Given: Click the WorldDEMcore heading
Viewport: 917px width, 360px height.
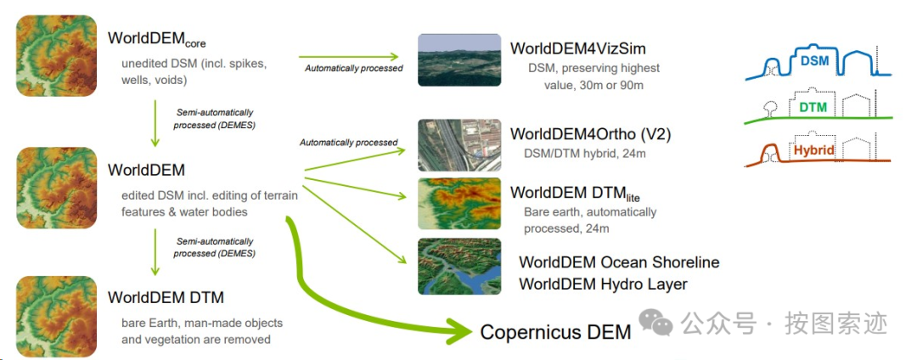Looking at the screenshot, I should (157, 39).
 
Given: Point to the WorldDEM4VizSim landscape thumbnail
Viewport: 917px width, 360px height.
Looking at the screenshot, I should (458, 59).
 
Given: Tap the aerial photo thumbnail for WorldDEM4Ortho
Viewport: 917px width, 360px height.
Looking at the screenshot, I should (458, 144).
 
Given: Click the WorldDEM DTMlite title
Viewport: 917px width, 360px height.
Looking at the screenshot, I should (572, 193).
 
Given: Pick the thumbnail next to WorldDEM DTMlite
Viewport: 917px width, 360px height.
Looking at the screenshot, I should (458, 203).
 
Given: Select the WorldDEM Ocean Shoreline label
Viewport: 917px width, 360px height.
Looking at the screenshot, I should (619, 262).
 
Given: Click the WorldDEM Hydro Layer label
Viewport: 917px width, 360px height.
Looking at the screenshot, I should (603, 284).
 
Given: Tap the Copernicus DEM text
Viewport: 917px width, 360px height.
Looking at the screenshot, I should (555, 332).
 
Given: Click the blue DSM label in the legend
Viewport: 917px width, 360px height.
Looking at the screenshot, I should (814, 60).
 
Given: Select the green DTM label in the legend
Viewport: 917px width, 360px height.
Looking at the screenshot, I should (813, 107).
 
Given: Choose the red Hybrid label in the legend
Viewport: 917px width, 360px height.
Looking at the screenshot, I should (813, 150).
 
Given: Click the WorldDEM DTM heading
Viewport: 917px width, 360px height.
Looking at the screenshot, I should (166, 298).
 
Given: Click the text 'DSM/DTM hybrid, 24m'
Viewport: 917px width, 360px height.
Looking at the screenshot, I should (585, 154).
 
